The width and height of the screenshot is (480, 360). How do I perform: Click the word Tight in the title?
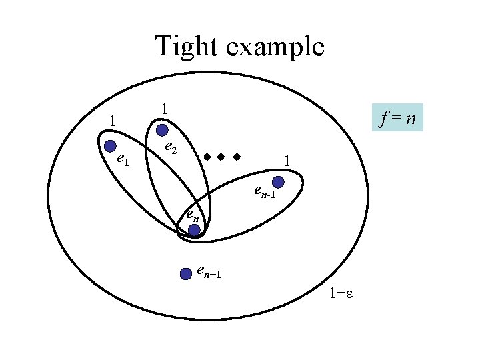pos(184,47)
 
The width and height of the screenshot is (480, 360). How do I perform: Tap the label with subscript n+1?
pos(209,272)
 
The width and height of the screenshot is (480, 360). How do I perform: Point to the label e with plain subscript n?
pos(191,215)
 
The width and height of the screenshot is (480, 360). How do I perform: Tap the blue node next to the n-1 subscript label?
pos(279,182)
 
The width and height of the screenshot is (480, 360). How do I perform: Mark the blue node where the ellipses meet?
pos(194,231)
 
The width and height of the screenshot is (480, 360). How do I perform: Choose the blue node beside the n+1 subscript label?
pos(186,273)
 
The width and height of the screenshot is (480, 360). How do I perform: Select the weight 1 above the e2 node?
pos(165,108)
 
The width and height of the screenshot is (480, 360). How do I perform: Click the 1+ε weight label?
pos(341,294)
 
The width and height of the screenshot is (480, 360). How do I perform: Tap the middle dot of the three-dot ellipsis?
pos(221,158)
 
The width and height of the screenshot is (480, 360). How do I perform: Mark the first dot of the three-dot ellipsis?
pos(207,158)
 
